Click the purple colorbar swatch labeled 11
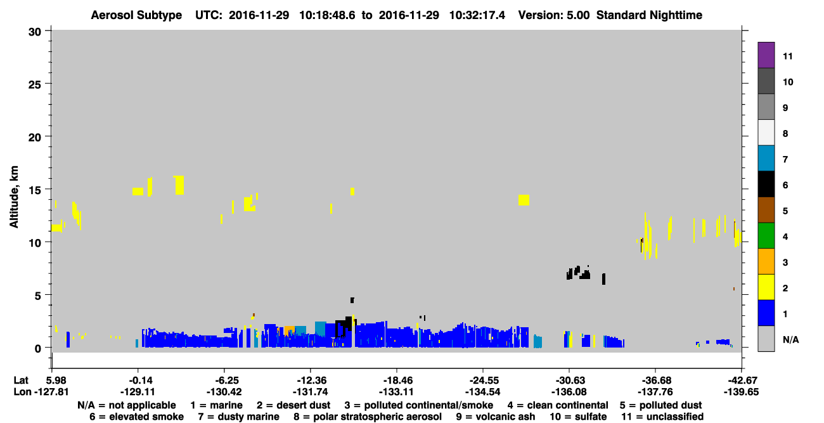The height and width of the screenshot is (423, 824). (766, 55)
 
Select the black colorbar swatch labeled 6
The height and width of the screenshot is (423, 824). (766, 184)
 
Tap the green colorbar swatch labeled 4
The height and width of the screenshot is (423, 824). (766, 236)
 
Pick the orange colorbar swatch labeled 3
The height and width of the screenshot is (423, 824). (766, 261)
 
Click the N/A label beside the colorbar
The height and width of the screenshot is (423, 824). (790, 339)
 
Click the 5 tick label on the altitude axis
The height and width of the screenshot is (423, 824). (38, 296)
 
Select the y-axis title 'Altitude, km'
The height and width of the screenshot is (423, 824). (13, 197)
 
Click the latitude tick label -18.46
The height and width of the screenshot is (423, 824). (397, 380)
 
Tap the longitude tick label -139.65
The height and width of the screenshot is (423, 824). (741, 392)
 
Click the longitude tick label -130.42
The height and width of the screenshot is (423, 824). (224, 392)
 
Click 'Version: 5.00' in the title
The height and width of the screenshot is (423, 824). (553, 15)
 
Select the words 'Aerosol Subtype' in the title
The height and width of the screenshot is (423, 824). (136, 15)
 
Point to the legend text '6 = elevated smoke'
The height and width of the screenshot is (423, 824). (136, 417)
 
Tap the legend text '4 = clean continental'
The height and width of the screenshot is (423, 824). (558, 405)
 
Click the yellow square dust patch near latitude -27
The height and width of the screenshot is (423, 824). (524, 200)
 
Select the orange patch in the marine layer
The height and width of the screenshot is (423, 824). (289, 330)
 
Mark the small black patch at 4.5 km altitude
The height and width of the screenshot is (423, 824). (352, 300)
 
